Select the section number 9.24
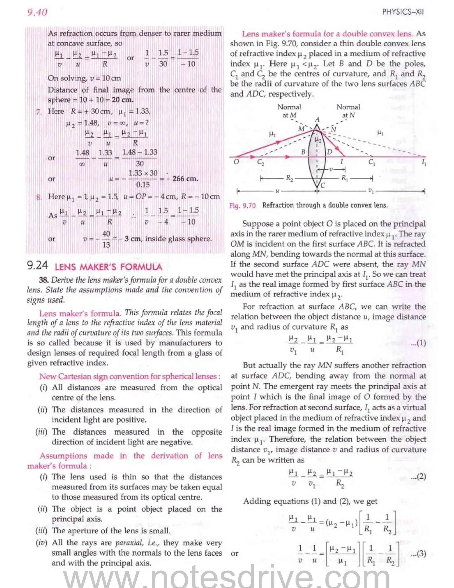point(37,265)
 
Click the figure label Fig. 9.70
point(242,206)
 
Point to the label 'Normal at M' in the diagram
point(289,111)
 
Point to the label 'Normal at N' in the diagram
point(348,111)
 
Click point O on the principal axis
point(236,162)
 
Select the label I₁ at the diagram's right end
point(424,163)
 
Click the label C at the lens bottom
point(323,185)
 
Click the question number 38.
point(44,280)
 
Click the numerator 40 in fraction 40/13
point(106,234)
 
